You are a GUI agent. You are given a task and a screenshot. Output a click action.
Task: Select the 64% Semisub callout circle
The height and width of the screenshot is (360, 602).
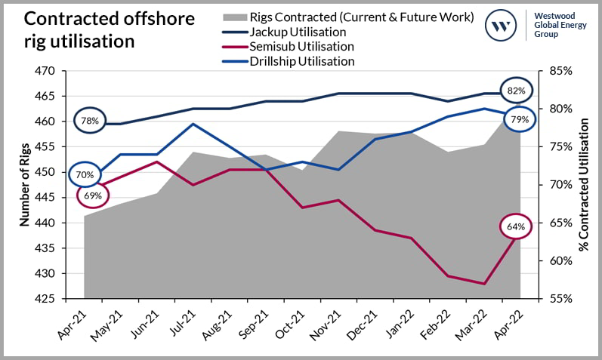(x=516, y=226)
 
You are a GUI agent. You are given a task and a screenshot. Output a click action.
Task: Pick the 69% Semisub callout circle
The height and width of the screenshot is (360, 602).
(x=94, y=195)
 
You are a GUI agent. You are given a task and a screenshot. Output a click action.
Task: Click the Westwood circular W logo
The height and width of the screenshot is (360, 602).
(x=500, y=26)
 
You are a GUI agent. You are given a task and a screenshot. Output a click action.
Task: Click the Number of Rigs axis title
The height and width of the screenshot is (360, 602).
(x=23, y=185)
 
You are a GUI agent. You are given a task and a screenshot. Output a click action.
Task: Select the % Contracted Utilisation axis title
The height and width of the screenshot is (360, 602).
(x=583, y=185)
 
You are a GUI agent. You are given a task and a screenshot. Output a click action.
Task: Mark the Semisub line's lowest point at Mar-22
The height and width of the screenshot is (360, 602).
(x=484, y=284)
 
